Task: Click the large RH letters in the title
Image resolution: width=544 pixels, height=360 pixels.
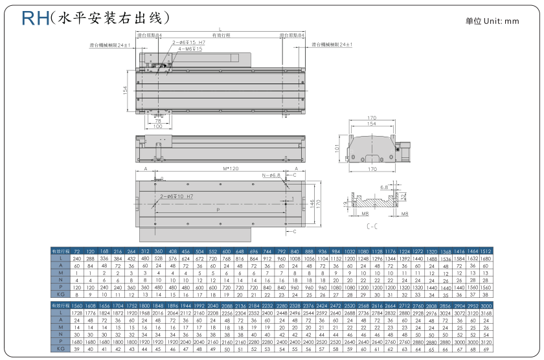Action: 34,17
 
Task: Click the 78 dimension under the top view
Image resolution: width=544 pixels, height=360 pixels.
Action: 157,120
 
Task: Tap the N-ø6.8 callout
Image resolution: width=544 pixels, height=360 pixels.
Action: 271,175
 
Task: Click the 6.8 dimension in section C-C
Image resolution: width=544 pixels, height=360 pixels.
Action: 384,186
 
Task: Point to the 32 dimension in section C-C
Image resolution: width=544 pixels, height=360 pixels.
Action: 405,196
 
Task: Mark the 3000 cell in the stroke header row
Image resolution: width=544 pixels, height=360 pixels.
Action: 485,305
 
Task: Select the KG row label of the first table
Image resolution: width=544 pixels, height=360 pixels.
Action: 58,295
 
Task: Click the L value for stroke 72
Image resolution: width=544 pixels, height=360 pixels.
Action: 76,258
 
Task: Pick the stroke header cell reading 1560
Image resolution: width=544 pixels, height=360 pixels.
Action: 76,305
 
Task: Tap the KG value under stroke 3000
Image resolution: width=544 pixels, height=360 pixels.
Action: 485,349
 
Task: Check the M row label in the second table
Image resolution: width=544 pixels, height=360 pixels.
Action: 58,327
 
